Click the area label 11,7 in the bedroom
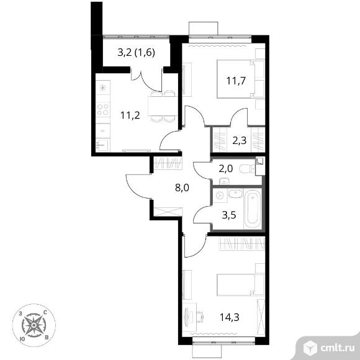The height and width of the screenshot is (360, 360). pos(236,81)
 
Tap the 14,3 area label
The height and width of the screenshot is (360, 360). pos(230,317)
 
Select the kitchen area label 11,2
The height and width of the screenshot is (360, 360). pos(130,115)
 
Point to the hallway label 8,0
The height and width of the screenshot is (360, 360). pos(182,188)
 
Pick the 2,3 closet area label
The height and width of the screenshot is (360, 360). pos(240,140)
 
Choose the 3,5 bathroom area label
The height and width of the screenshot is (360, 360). pos(229,215)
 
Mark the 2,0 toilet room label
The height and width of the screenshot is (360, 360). pos(226,169)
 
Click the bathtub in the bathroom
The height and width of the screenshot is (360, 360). pos(253,209)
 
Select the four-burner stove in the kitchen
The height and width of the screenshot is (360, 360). pos(103,109)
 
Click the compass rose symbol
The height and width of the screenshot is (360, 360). pos(34,325)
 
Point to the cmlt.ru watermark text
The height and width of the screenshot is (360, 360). pos(338,348)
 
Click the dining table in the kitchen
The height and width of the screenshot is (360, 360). pos(163,106)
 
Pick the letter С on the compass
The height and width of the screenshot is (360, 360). pos(45,312)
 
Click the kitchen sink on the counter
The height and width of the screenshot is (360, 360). pos(102,145)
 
